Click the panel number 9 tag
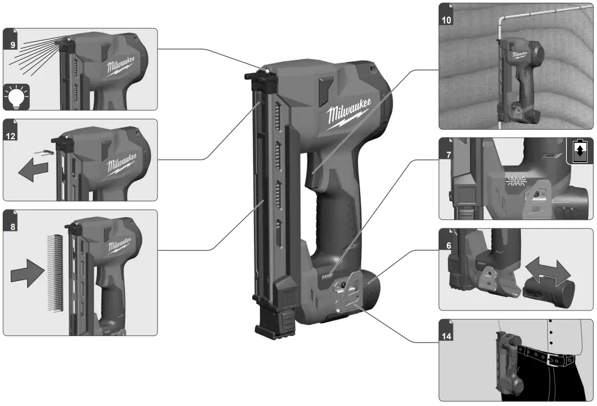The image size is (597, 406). pos(12,44)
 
